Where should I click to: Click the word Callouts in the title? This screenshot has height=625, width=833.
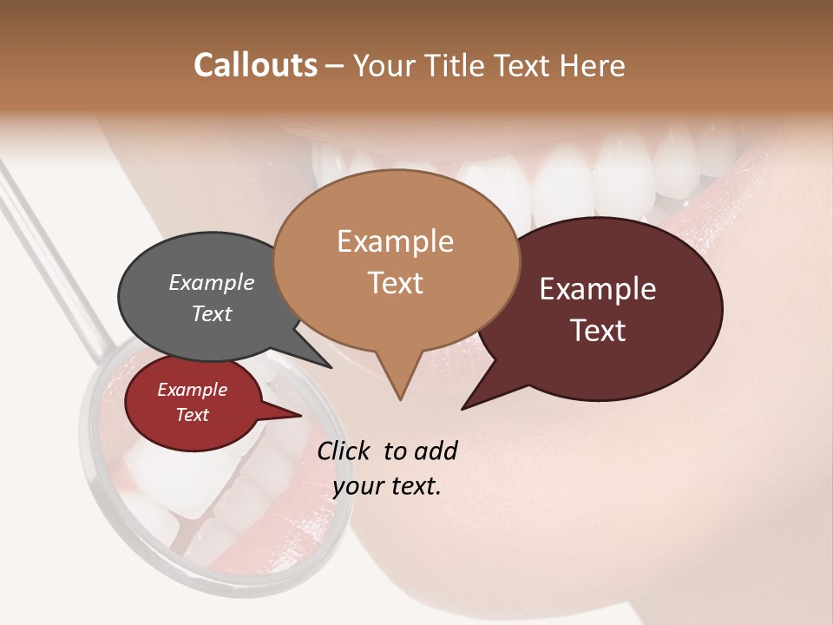(x=255, y=65)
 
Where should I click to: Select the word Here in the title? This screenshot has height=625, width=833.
(x=593, y=65)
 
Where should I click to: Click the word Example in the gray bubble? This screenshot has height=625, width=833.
(x=212, y=282)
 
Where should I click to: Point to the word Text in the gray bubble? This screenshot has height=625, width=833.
(x=212, y=313)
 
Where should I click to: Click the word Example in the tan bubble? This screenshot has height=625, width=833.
(x=395, y=241)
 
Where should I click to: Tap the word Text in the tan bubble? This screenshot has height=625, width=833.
(x=395, y=283)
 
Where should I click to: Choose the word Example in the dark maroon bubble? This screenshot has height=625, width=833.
(x=598, y=289)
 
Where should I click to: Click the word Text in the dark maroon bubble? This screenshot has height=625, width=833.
(x=598, y=331)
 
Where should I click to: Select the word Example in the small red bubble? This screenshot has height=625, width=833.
(x=193, y=390)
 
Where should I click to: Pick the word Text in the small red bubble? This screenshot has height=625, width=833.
(x=193, y=415)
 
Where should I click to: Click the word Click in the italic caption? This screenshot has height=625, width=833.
(x=344, y=451)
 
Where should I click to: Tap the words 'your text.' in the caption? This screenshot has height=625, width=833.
(x=386, y=485)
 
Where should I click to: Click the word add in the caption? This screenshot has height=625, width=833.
(x=436, y=451)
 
